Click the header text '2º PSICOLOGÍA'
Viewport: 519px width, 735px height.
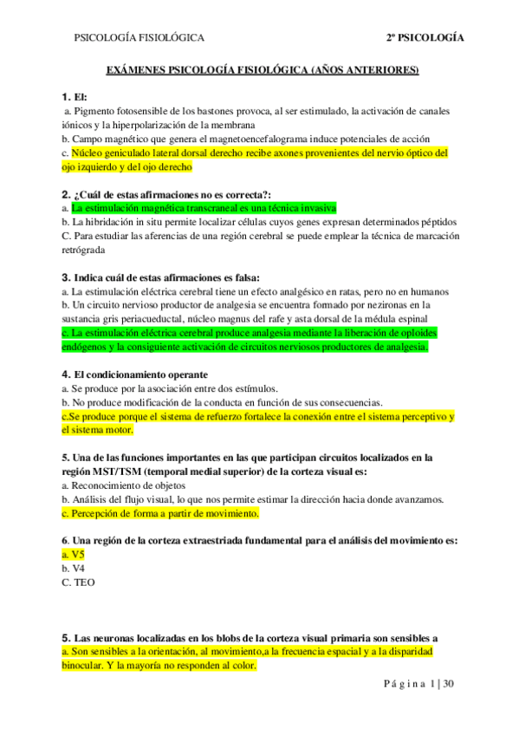pos(425,38)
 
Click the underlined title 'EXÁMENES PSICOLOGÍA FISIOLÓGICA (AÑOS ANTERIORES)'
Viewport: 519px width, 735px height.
pos(262,69)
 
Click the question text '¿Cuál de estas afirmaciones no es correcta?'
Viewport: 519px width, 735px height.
pos(173,195)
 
